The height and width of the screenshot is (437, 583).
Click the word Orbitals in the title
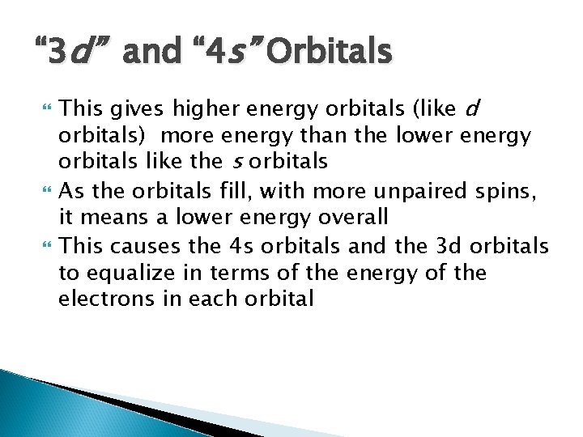pos(330,54)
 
